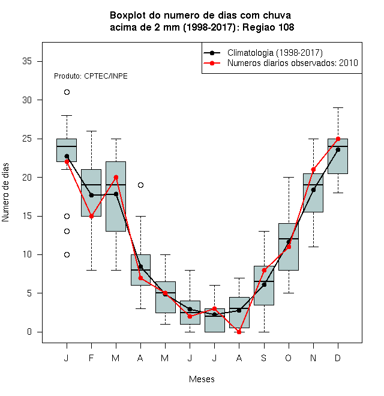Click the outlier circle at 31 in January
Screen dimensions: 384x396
pos(67,92)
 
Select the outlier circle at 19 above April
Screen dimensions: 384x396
pos(141,185)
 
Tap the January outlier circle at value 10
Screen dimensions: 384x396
pos(67,254)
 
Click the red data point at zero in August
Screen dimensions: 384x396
pos(239,332)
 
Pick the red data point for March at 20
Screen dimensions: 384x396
pos(116,177)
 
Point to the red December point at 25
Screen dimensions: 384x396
pos(338,139)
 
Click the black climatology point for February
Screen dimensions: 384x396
pos(91,195)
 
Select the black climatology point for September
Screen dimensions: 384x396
pos(264,284)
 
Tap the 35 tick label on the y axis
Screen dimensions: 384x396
pos(27,61)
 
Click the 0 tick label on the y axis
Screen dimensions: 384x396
pos(29,332)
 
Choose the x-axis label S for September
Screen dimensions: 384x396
pos(264,358)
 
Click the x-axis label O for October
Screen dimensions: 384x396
pos(288,358)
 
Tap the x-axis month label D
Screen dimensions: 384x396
pos(338,358)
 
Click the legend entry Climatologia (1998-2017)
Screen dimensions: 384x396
pos(275,53)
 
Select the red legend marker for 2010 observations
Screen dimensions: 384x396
pos(212,63)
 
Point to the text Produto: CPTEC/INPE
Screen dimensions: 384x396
pos(91,76)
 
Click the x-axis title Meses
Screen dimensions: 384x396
pos(202,379)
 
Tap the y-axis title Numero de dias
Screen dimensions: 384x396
pos(5,193)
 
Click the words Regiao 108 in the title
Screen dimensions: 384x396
pos(268,27)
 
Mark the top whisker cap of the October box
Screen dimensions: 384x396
pos(289,177)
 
